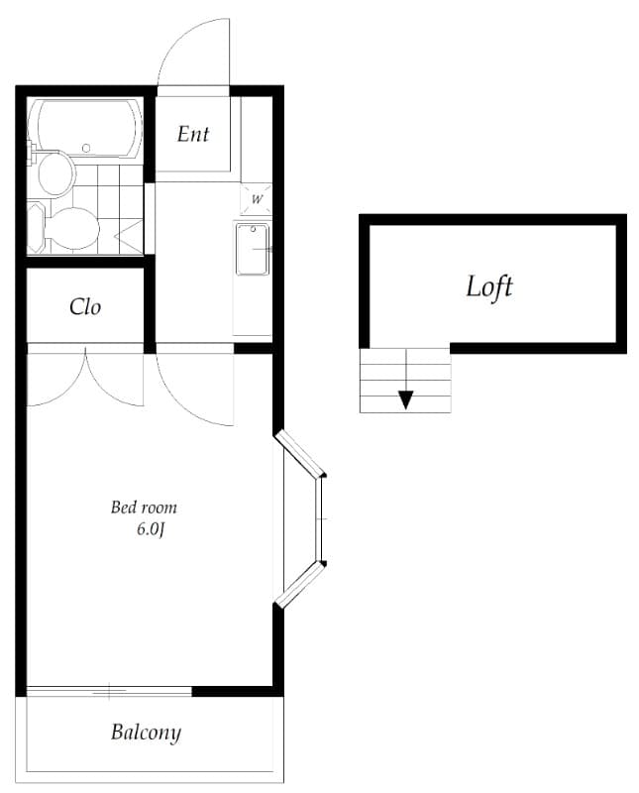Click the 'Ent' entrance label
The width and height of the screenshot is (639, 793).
[192, 134]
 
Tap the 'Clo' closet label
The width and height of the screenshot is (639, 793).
[85, 307]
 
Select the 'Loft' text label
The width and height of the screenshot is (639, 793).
[488, 286]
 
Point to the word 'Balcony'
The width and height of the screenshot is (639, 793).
[146, 733]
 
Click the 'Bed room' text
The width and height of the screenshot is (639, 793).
[144, 508]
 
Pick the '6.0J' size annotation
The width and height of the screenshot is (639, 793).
[151, 529]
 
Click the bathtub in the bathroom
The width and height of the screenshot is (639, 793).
[86, 128]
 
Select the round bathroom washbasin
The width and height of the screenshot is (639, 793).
[55, 174]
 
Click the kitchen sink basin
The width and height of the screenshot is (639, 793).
[253, 250]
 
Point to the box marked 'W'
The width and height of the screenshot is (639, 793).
[257, 199]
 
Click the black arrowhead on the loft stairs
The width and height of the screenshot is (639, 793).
[406, 400]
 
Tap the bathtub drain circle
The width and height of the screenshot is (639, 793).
[86, 148]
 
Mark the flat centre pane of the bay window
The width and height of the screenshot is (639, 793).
[319, 518]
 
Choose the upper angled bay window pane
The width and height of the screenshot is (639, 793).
[299, 454]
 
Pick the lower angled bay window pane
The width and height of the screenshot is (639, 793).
[299, 585]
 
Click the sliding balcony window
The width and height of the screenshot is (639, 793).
[109, 690]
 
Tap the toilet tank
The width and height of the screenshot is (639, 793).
[36, 227]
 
